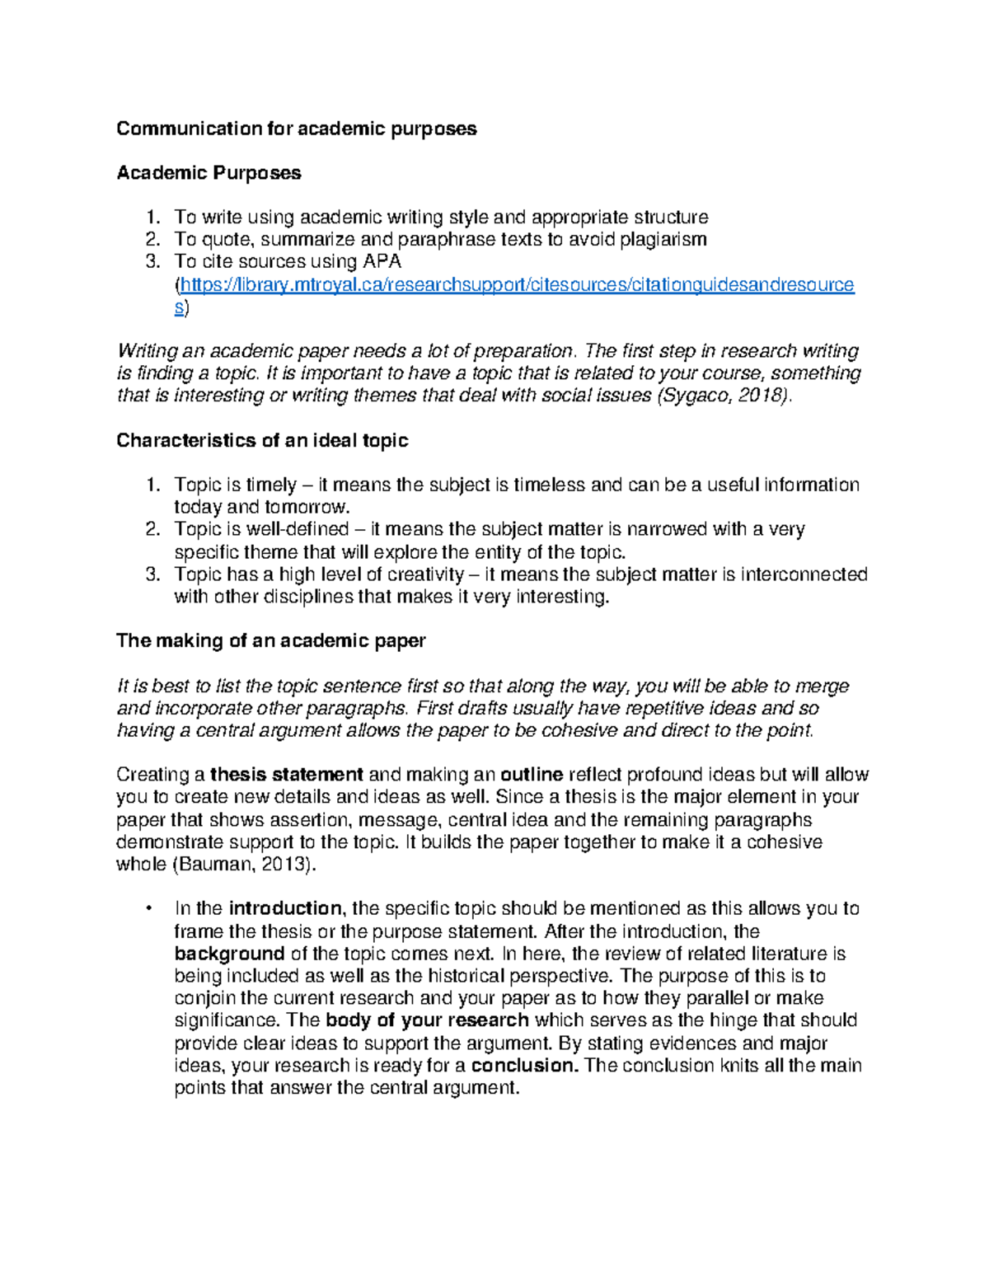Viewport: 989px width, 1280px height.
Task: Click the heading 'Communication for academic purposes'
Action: [296, 129]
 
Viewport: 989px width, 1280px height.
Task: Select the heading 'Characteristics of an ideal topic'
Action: [262, 441]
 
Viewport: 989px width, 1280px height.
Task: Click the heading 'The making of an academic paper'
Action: [270, 641]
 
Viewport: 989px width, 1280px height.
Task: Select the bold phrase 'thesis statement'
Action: [287, 775]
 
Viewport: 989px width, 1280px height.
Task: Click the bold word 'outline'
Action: [532, 775]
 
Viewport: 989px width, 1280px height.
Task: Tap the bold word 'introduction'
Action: [285, 909]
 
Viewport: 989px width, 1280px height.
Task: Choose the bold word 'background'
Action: [229, 954]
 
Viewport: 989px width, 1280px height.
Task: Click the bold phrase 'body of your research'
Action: [427, 1020]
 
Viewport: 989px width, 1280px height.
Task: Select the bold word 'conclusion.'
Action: [524, 1065]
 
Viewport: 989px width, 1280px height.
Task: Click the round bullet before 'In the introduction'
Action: [148, 909]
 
